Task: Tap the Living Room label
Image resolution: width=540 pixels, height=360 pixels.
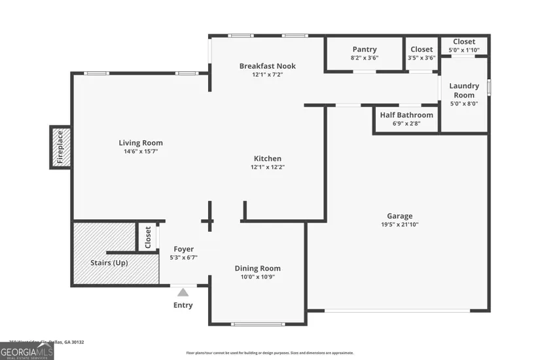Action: pos(141,143)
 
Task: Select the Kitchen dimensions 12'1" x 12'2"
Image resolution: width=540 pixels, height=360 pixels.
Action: pos(268,167)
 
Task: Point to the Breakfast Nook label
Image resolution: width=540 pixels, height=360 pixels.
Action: pos(268,66)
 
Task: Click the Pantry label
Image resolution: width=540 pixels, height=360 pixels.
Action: pos(365,49)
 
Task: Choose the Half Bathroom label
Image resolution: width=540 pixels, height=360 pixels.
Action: pos(406,115)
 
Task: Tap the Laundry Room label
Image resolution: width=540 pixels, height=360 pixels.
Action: pos(464,90)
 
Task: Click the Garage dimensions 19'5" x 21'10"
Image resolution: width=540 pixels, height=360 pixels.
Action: pos(399,225)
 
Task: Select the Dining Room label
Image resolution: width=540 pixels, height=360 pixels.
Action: pos(258,268)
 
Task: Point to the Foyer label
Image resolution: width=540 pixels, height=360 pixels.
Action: pos(183,249)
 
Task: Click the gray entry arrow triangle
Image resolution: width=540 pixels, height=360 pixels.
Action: pos(183,293)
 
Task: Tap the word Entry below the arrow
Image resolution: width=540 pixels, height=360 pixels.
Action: pos(183,305)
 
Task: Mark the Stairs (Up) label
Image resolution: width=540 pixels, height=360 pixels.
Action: pos(109,263)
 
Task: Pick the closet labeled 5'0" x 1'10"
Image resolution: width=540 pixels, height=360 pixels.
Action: pos(464,46)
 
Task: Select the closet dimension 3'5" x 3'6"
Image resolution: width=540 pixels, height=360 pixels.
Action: pos(422,58)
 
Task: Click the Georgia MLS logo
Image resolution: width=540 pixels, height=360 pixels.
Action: pos(27,352)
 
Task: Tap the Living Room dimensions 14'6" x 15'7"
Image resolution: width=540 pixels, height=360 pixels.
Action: pos(141,151)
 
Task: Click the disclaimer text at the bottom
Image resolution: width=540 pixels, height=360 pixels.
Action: pos(270,352)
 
